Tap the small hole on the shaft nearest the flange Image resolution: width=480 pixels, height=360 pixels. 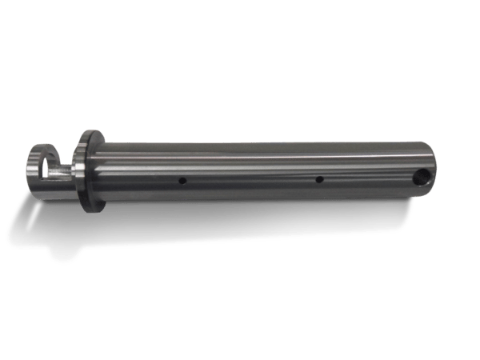(183, 181)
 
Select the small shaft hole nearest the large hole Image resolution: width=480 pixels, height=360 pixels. (318, 180)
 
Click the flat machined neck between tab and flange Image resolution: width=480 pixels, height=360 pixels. (66, 170)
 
